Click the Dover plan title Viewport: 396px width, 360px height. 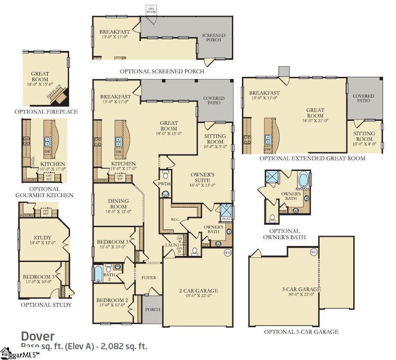[x=38, y=336]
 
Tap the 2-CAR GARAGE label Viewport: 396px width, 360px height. [x=199, y=291]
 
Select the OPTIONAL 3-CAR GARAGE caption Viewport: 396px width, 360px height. [x=301, y=332]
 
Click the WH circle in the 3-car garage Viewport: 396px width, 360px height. [x=314, y=252]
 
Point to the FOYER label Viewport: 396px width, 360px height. [x=149, y=278]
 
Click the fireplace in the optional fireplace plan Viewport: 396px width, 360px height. [x=57, y=95]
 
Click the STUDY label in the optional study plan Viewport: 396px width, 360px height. [x=42, y=237]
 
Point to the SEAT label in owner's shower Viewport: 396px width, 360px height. [x=226, y=218]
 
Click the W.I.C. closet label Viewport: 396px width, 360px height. [x=175, y=219]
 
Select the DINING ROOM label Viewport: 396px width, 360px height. [x=111, y=204]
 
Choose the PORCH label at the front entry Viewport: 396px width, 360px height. [x=152, y=309]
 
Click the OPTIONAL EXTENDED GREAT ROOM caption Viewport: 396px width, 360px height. [x=312, y=158]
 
